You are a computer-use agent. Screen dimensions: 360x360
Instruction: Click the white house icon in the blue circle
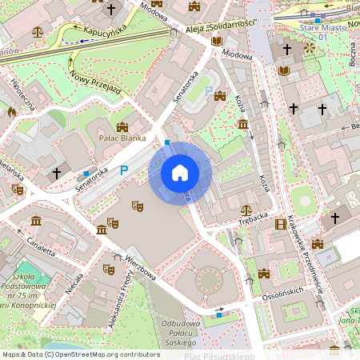coord(180,173)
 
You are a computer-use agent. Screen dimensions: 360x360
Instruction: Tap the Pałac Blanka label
coord(122,138)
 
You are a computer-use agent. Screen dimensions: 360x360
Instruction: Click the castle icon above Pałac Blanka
coord(122,126)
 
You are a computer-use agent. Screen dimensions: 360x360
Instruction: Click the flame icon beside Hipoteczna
coord(11,112)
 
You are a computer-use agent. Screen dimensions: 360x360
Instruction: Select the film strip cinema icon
coord(281,225)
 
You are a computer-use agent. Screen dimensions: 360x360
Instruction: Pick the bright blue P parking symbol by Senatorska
coord(123,170)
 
